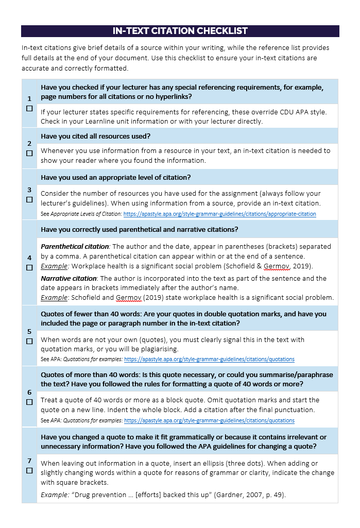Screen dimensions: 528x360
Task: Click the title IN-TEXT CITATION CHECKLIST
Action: (180, 31)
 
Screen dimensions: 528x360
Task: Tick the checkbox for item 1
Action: (29, 109)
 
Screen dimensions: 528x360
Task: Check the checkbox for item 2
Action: (29, 153)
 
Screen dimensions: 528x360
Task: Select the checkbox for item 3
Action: (29, 199)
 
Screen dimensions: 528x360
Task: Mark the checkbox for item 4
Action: (29, 267)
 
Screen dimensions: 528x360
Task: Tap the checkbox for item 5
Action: (29, 341)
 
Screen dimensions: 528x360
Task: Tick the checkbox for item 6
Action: (29, 402)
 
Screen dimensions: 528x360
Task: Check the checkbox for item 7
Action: (29, 470)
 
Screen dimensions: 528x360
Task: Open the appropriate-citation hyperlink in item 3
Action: (220, 214)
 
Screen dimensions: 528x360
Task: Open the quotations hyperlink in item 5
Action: (209, 359)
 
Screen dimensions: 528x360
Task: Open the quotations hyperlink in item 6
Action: (209, 420)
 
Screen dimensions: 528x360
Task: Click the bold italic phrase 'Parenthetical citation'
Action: (75, 247)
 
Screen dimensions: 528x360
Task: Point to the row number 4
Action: (29, 258)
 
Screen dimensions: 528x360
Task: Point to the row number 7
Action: (29, 461)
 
